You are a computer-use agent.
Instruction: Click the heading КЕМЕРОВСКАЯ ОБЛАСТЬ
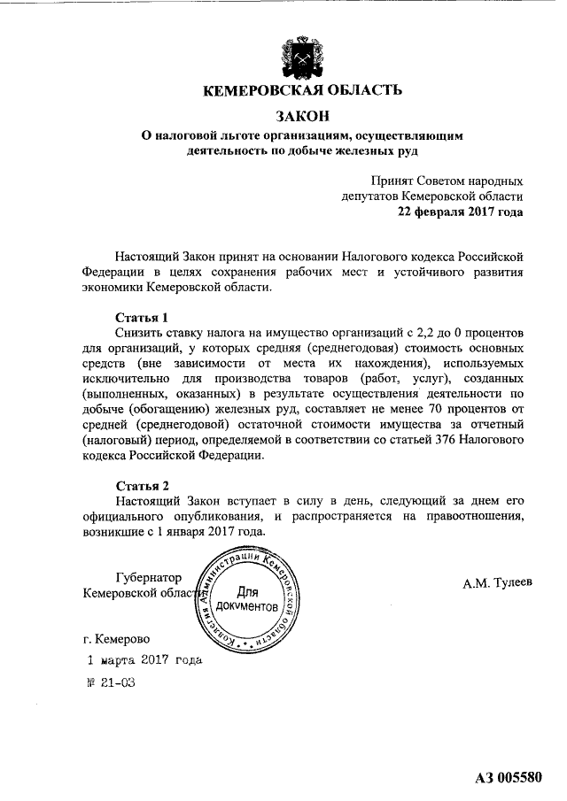(303, 90)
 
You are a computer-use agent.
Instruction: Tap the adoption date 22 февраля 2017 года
(460, 212)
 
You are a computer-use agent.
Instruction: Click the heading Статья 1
(142, 317)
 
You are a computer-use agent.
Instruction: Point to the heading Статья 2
(142, 486)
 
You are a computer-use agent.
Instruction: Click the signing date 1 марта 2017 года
(144, 660)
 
